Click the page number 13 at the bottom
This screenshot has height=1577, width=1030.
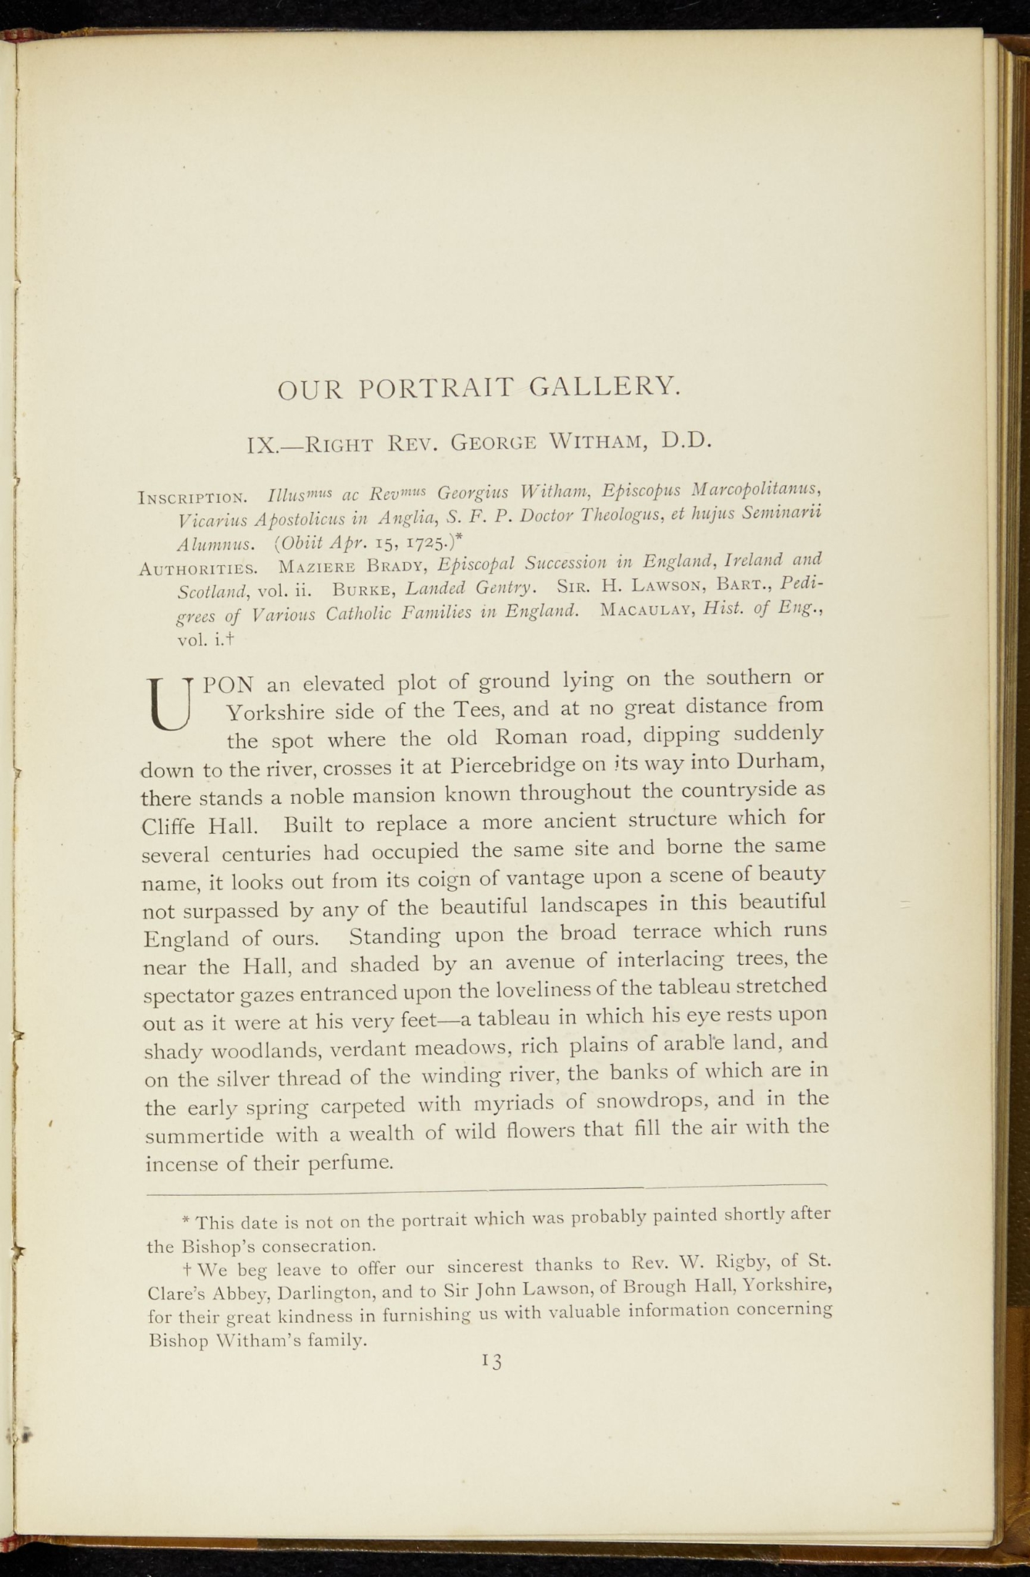point(491,1362)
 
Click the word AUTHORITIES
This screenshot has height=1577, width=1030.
point(199,570)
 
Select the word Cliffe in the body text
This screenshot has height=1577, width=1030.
point(170,827)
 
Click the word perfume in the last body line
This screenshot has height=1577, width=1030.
point(350,1163)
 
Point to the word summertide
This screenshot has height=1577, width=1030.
point(205,1136)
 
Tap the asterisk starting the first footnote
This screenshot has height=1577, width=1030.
point(186,1221)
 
